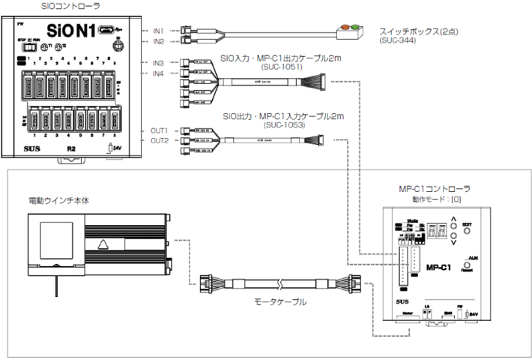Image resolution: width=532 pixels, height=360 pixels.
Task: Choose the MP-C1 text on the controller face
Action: (440, 265)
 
